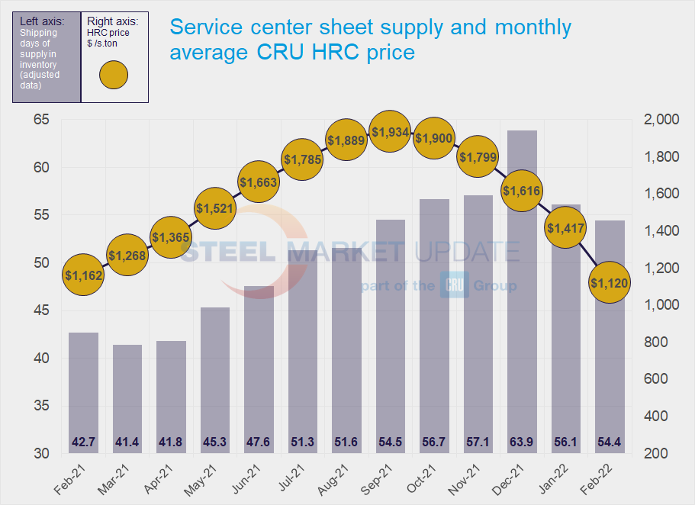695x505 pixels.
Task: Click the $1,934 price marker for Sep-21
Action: pyautogui.click(x=391, y=133)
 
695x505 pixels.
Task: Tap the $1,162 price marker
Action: pyautogui.click(x=84, y=275)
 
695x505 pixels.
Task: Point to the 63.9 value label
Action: pyautogui.click(x=522, y=442)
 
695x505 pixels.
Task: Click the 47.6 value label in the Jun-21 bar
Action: pyautogui.click(x=259, y=442)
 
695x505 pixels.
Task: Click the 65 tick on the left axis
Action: pyautogui.click(x=41, y=120)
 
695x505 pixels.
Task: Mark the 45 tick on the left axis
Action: pyautogui.click(x=41, y=310)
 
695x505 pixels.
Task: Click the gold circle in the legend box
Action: pyautogui.click(x=114, y=75)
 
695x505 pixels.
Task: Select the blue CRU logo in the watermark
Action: pyautogui.click(x=454, y=286)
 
